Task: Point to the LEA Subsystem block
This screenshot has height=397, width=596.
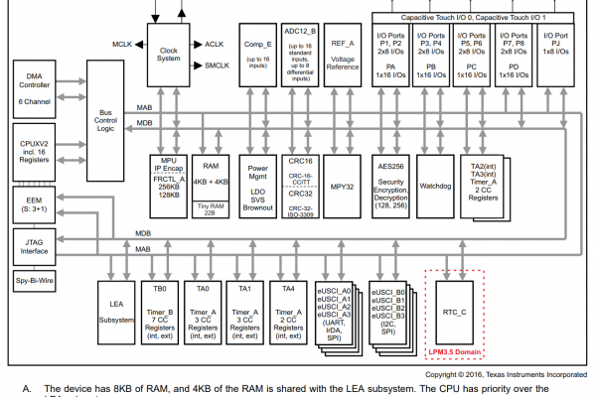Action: (x=111, y=309)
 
